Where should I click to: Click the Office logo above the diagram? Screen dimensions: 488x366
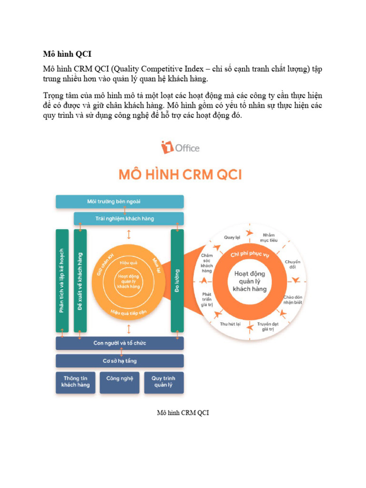(x=180, y=147)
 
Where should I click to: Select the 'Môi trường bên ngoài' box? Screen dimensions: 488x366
(x=120, y=202)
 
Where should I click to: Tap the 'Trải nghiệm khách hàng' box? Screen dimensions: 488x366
(x=128, y=219)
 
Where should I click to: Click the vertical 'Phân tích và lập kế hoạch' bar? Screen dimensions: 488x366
(x=62, y=280)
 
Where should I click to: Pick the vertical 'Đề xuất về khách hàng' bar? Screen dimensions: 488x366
(x=80, y=280)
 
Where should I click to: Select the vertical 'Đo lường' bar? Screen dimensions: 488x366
(x=177, y=280)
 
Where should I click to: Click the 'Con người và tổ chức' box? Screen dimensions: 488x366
(x=120, y=343)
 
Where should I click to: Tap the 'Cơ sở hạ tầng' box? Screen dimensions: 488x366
(x=120, y=361)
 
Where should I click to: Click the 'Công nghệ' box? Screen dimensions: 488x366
(x=120, y=379)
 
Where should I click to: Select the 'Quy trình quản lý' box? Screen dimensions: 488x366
(x=163, y=382)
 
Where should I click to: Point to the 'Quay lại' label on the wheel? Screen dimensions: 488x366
(x=232, y=237)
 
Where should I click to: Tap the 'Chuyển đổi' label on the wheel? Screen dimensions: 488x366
(x=293, y=265)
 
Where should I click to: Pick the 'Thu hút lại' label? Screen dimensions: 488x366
(x=230, y=324)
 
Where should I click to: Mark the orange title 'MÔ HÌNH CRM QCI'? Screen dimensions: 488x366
(x=180, y=175)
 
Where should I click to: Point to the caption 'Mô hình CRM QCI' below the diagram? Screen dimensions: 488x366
(x=183, y=413)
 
